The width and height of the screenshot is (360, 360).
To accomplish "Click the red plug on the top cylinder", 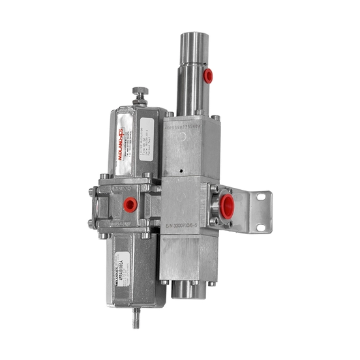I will [208, 76].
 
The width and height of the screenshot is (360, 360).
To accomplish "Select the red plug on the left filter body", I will [130, 205].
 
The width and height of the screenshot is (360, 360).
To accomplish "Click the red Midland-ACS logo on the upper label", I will [122, 145].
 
